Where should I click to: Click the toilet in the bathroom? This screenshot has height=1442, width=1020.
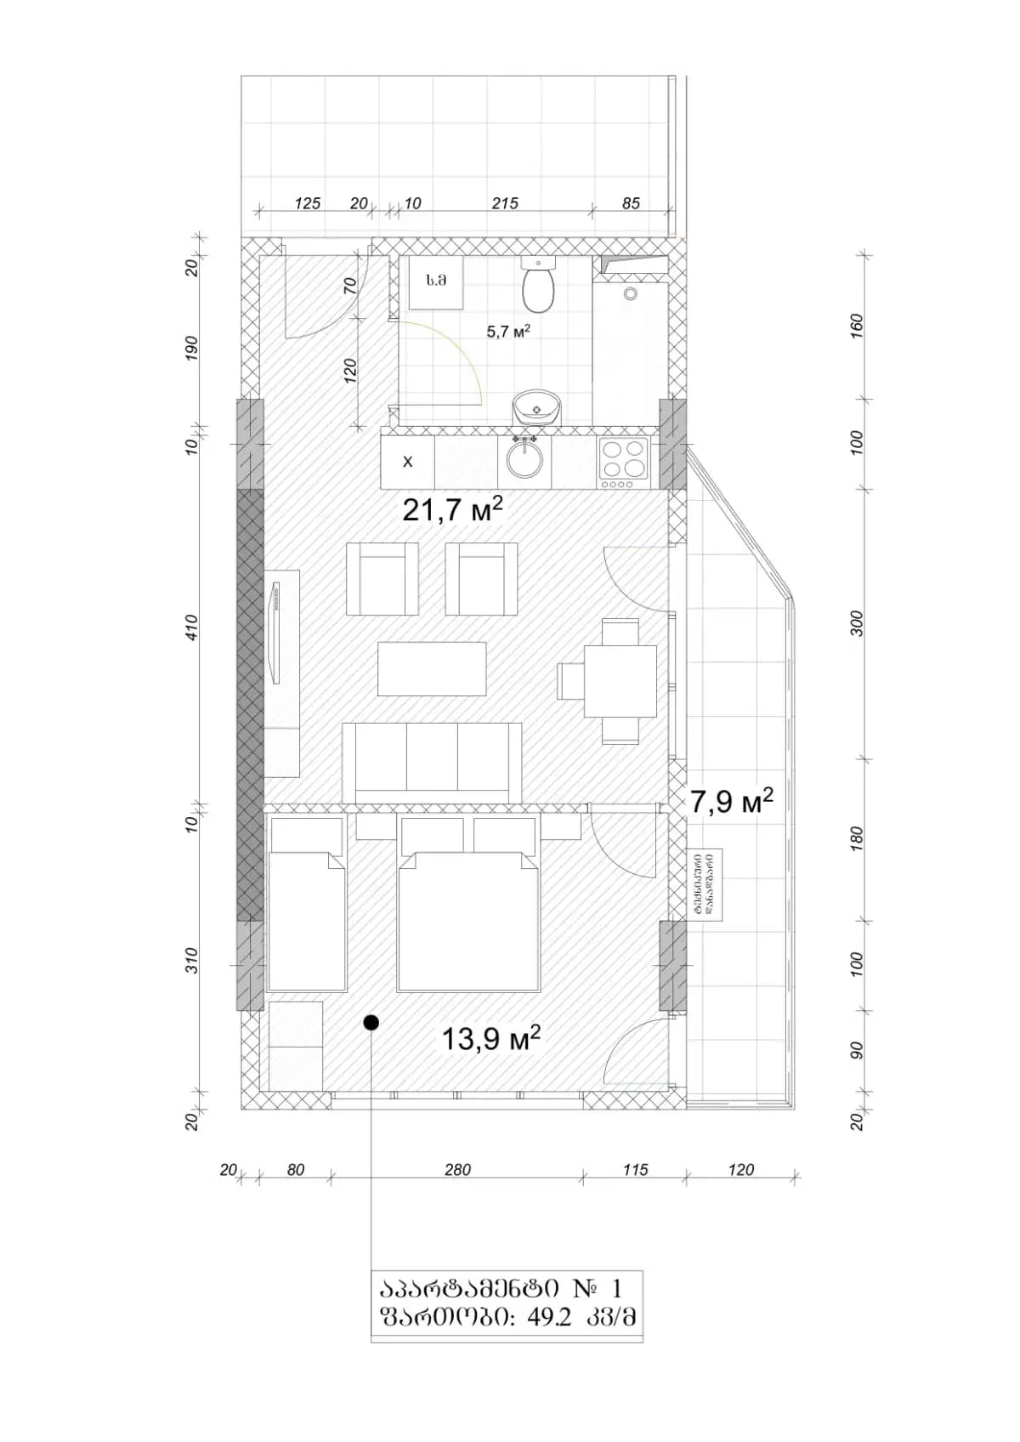(x=538, y=287)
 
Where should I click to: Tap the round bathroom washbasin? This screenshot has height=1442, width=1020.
(x=536, y=409)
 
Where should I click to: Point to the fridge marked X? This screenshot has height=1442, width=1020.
(x=407, y=462)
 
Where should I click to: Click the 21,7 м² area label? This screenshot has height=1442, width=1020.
(x=452, y=510)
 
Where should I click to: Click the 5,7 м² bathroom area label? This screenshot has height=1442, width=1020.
(x=508, y=332)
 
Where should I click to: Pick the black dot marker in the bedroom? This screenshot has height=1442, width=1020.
(x=371, y=1022)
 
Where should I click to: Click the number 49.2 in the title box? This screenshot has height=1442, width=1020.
(x=549, y=1318)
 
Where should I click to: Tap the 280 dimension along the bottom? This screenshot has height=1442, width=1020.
(x=457, y=1170)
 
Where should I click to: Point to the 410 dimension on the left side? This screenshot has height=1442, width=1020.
(x=192, y=627)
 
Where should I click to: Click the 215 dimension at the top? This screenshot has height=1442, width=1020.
(x=505, y=203)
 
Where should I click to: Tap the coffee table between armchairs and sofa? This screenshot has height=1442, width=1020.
(x=432, y=668)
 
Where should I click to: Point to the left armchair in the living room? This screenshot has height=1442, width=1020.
(x=382, y=580)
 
